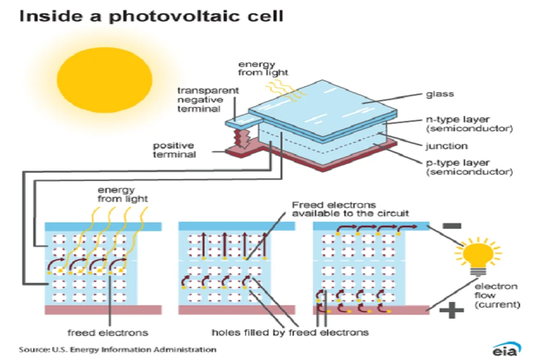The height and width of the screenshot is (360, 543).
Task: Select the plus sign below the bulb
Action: coord(451,310)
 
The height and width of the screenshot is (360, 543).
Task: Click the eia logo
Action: coord(506,349)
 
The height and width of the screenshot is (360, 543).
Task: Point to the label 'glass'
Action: coord(439,94)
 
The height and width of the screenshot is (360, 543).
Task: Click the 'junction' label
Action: coord(445,145)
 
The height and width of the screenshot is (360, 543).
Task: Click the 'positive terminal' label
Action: coord(174,150)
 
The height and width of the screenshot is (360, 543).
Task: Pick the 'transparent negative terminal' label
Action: coord(198,100)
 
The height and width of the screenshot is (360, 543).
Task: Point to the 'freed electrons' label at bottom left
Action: coord(108,333)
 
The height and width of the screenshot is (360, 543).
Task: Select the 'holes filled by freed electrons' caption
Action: coord(290,333)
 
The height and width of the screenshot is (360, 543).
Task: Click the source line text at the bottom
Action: coord(117,349)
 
